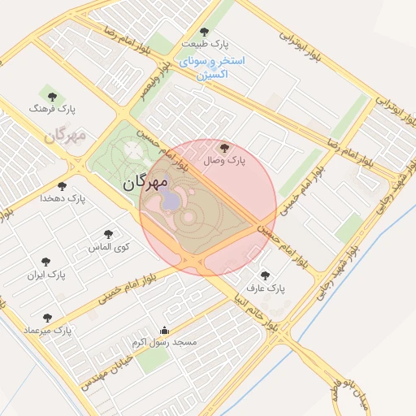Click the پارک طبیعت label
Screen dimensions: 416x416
pos(206,43)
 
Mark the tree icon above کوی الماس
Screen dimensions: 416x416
pos(109,233)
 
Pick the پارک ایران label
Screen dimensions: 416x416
pos(46,275)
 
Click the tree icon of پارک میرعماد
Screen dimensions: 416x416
pos(45,318)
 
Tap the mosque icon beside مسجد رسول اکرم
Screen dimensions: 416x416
pos(165,330)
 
